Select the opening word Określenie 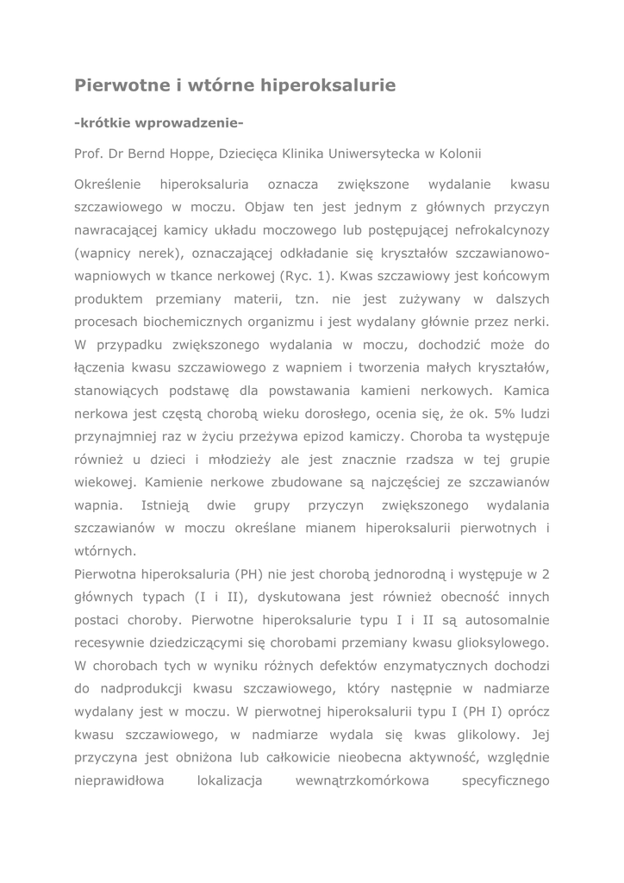107,185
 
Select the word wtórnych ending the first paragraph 105,549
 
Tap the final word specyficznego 505,780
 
